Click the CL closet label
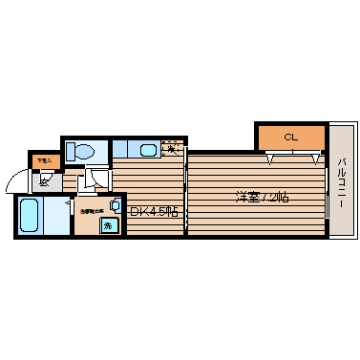(x=290, y=138)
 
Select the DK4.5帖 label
(x=154, y=212)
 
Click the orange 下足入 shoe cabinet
(x=43, y=161)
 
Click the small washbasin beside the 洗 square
(x=115, y=204)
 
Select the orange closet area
(x=290, y=138)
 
